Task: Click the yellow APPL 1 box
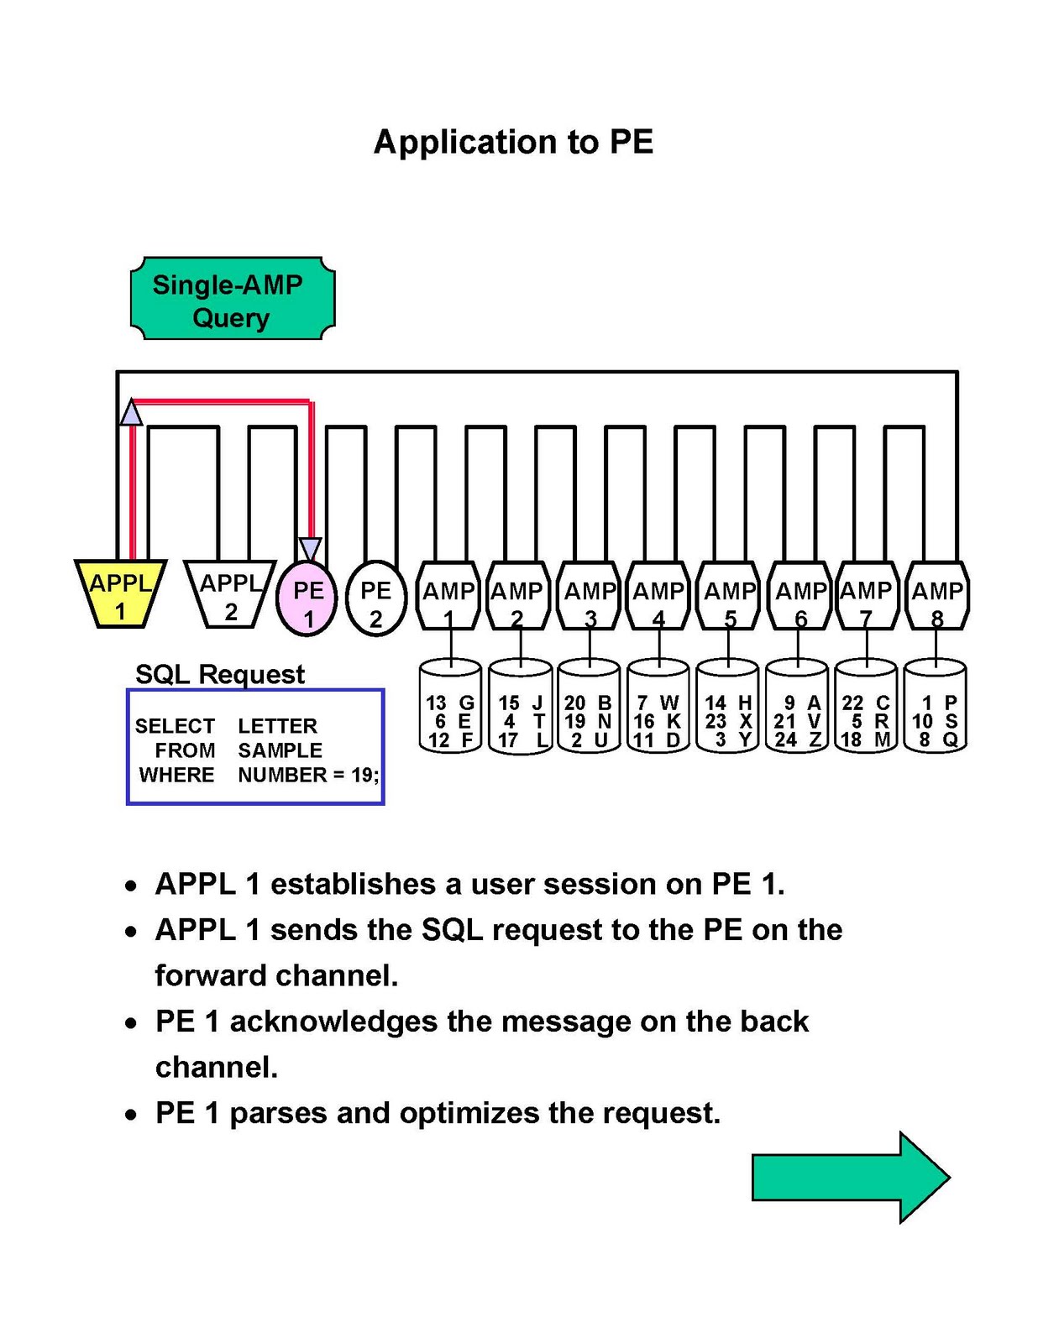(120, 594)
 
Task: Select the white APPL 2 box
(230, 594)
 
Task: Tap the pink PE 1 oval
(307, 598)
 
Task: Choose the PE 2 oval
(375, 598)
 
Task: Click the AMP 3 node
(590, 597)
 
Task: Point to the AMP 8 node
(937, 597)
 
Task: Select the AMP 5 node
(729, 597)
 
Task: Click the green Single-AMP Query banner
(232, 300)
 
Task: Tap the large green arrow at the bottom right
(849, 1177)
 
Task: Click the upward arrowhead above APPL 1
(130, 413)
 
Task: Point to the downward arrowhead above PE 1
(310, 550)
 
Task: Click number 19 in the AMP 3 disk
(575, 721)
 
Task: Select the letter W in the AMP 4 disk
(669, 703)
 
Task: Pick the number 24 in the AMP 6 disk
(785, 739)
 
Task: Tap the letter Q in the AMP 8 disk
(950, 739)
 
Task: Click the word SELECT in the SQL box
(175, 726)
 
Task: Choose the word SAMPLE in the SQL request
(280, 750)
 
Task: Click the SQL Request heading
(220, 674)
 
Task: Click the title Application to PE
(513, 142)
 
